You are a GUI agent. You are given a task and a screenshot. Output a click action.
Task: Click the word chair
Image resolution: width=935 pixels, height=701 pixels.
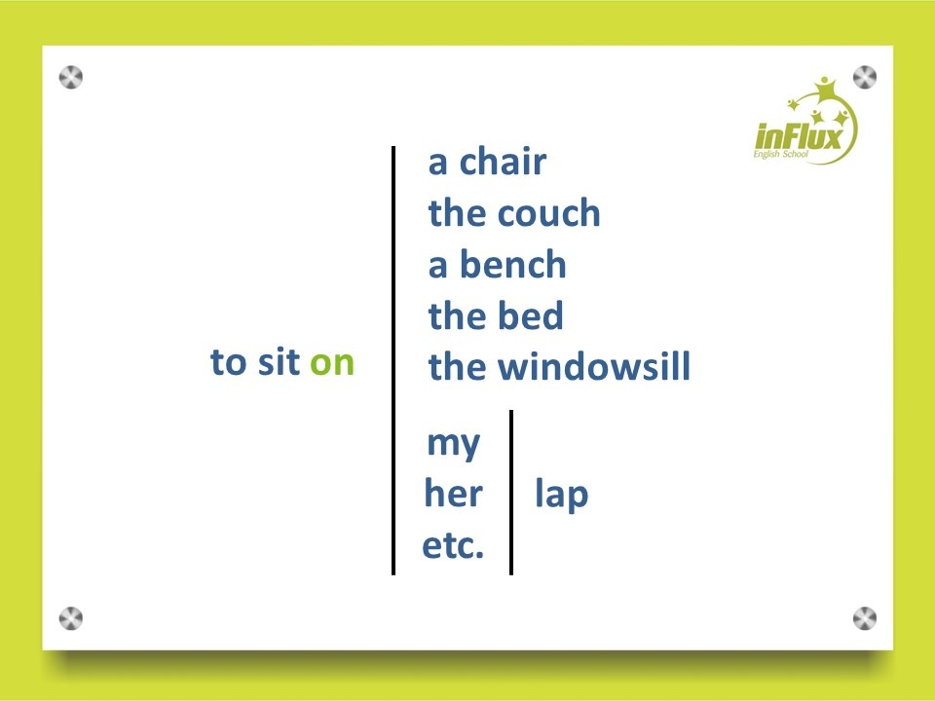tap(503, 162)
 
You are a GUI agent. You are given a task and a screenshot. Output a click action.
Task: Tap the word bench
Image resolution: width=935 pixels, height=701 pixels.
tap(512, 264)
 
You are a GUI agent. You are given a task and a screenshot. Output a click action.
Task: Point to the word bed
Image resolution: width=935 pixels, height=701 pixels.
tap(530, 315)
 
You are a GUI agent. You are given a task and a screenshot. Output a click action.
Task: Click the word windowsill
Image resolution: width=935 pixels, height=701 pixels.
tap(594, 366)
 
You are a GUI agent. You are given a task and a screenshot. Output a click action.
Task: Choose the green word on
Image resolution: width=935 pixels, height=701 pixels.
tap(332, 362)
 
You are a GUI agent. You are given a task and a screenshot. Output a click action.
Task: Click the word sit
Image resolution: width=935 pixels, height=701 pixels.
tap(279, 361)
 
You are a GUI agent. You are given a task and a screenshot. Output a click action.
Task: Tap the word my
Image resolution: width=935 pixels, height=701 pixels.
tap(453, 445)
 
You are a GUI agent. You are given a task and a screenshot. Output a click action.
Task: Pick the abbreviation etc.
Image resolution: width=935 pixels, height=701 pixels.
tap(453, 545)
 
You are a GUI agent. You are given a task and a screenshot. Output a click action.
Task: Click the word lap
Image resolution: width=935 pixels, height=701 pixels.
tap(562, 495)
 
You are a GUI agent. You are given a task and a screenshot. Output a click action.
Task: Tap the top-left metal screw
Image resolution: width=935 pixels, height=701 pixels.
tap(71, 78)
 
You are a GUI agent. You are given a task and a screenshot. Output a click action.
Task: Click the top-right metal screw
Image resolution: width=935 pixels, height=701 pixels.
tap(865, 78)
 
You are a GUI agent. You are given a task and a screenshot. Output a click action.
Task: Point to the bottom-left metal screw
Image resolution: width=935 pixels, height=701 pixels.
tap(71, 619)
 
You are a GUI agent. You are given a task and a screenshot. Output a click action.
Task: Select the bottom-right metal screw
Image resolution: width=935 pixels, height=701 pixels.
tap(865, 619)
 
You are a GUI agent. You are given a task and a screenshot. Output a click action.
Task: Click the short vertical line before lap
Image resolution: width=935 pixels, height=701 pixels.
tap(511, 493)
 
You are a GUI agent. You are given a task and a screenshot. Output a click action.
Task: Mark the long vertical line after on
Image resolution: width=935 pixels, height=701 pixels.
tap(393, 360)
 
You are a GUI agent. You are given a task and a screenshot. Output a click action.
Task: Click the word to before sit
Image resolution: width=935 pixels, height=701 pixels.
tap(228, 362)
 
